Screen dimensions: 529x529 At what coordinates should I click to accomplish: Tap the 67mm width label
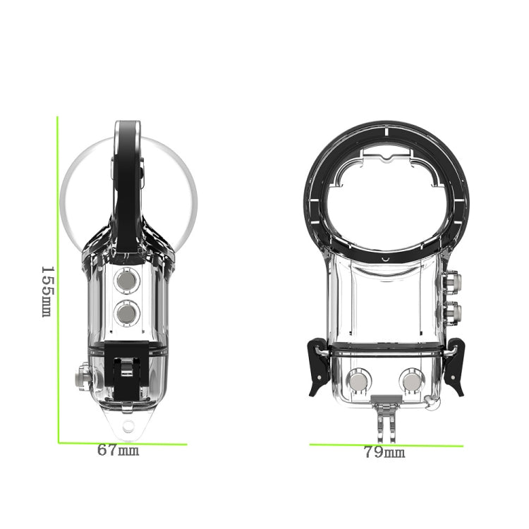pos(118,450)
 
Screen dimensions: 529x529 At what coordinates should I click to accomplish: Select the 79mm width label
pos(384,453)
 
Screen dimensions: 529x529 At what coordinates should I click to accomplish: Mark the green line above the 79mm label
pos(387,445)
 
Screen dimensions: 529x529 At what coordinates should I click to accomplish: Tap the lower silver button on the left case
pos(127,310)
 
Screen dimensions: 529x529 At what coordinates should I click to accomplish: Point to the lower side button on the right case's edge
pos(453,311)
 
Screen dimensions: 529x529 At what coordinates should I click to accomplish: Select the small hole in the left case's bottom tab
pos(128,425)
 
